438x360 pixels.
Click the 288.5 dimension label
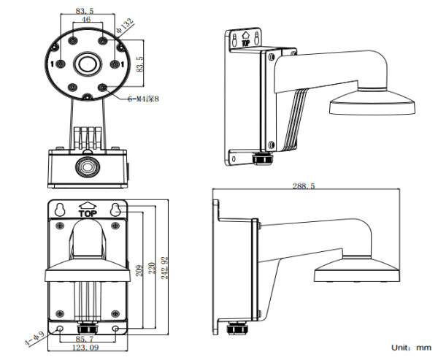[304, 187]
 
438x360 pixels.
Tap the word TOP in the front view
[87, 215]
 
